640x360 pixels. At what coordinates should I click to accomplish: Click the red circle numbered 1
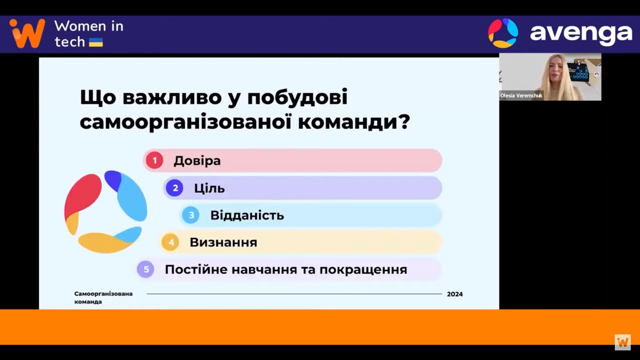coord(154,160)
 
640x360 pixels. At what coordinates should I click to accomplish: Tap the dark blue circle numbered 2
coord(174,188)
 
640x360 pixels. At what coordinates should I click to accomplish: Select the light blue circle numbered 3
coord(190,215)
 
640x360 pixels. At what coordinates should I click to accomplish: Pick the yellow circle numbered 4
coord(170,242)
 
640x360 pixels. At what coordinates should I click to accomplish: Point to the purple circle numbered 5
coord(146,269)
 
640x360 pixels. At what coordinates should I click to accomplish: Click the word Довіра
coord(197,160)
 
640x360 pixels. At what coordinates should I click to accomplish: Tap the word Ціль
coord(210,188)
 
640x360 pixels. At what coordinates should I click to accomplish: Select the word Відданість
coord(247,215)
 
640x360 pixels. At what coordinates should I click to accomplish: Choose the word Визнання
coord(224,242)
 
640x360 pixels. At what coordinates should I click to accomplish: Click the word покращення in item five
coord(363,270)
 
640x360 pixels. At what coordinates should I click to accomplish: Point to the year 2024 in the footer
coord(455,294)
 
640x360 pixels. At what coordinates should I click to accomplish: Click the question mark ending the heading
coord(404,122)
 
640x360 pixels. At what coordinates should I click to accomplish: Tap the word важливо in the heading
coord(172,97)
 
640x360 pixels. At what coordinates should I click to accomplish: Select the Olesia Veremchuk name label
coord(521,96)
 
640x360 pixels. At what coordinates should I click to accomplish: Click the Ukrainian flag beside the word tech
coord(96,42)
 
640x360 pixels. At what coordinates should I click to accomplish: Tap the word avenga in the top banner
coord(581,34)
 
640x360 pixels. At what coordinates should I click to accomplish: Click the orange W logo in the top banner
coord(28,33)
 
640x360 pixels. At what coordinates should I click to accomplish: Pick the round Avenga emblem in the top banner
coord(503,33)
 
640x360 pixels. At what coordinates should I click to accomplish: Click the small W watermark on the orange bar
coord(622,342)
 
